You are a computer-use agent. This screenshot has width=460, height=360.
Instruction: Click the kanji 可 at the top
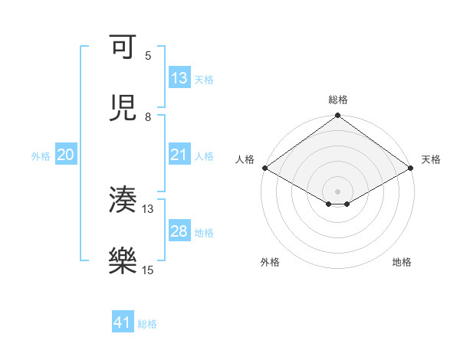[123, 47]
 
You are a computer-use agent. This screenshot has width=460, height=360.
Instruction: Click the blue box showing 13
[179, 78]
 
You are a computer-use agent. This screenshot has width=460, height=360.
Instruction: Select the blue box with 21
[179, 155]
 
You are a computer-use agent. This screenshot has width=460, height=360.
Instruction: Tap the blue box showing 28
[179, 231]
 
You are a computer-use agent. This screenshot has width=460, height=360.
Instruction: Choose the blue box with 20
[65, 155]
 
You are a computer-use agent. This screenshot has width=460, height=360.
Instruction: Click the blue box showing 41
[123, 322]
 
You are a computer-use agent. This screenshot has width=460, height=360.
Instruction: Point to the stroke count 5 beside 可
[148, 56]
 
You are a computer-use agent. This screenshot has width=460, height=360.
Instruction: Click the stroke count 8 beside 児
[148, 117]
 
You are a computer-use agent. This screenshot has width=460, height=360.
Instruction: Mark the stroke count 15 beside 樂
[148, 270]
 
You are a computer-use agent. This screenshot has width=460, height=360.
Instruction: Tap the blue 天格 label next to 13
[204, 79]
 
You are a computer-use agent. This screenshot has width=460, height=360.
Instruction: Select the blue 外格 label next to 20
[41, 155]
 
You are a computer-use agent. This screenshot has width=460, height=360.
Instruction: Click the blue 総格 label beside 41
[147, 323]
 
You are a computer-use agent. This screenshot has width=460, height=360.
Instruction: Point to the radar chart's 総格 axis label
[338, 100]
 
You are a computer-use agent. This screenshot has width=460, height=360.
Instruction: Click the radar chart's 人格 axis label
[245, 159]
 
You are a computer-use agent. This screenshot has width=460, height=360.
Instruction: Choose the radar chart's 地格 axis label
[402, 262]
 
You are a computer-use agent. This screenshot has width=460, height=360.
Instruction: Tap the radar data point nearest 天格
[412, 168]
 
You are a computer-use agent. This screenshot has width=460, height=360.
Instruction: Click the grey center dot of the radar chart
[338, 191]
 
